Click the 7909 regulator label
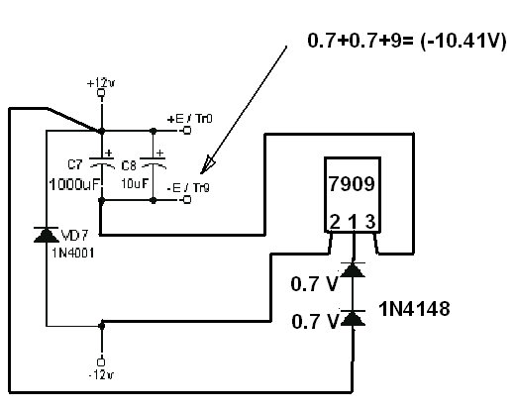pyautogui.click(x=352, y=184)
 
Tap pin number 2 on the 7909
pyautogui.click(x=335, y=222)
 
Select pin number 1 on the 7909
pyautogui.click(x=354, y=222)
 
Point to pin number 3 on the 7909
pyautogui.click(x=370, y=222)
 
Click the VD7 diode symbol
pyautogui.click(x=47, y=235)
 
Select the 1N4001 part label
pyautogui.click(x=73, y=253)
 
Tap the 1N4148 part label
pyautogui.click(x=414, y=309)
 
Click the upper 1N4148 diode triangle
pyautogui.click(x=353, y=269)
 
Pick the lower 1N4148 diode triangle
pyautogui.click(x=353, y=318)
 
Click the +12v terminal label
pyautogui.click(x=101, y=83)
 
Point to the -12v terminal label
pyautogui.click(x=101, y=375)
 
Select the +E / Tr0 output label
pyautogui.click(x=190, y=119)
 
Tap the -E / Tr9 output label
pyautogui.click(x=188, y=188)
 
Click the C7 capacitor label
pyautogui.click(x=75, y=164)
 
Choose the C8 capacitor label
pyautogui.click(x=129, y=165)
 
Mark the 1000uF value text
pyautogui.click(x=74, y=184)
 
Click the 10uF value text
pyautogui.click(x=135, y=183)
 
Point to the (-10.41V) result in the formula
pyautogui.click(x=463, y=41)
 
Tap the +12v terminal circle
pyautogui.click(x=101, y=93)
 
